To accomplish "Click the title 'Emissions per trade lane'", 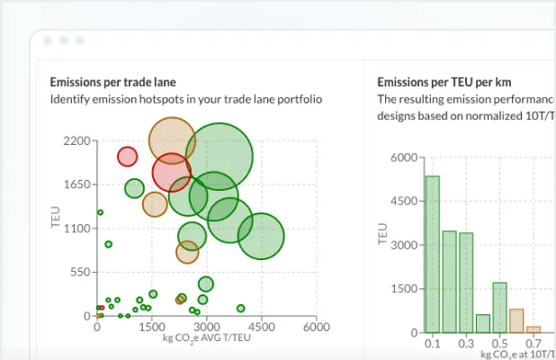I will pos(112,82).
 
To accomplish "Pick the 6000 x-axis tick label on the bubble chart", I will pos(316,328).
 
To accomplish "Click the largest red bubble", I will pos(172,172).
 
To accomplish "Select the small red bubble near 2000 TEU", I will pos(128,157).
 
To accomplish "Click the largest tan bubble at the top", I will pos(172,139).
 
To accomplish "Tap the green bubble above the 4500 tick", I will pos(260,237).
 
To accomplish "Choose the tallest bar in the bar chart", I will pos(433,254).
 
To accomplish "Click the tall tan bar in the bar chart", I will pos(516,320).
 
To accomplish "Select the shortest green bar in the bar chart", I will pos(483,323).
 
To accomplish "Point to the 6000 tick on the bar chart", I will pos(401,157).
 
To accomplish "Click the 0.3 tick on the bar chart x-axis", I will pos(466,344).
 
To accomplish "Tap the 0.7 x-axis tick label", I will pos(534,344).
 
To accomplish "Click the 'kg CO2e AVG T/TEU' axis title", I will pos(206,338).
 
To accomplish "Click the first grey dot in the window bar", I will pos(48,41).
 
